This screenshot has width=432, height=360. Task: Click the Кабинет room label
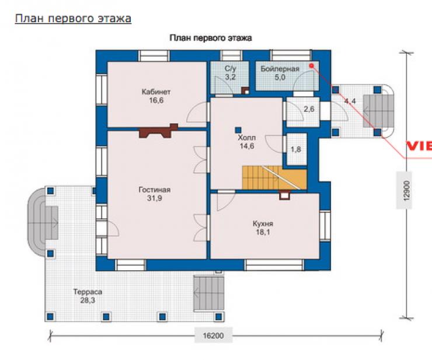point(156,92)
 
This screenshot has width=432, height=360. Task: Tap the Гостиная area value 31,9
point(154,198)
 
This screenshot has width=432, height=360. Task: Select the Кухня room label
point(263,223)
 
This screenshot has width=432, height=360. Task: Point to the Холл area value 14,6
point(247,146)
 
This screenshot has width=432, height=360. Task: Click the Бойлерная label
point(280,69)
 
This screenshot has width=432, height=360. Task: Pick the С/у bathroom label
point(231,69)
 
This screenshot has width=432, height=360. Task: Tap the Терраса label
point(88,292)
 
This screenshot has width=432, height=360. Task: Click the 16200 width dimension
point(213,335)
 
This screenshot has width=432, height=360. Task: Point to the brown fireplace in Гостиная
point(158,131)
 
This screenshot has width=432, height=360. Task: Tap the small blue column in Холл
point(238,130)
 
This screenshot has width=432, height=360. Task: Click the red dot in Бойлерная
point(311,65)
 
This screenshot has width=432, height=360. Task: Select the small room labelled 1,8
point(297,149)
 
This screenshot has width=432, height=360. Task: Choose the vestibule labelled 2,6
point(303,111)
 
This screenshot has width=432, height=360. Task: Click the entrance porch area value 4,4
point(350,101)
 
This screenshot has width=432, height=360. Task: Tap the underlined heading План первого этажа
point(73,19)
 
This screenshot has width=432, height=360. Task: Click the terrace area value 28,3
point(88,300)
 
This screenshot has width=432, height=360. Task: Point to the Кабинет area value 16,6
point(156,100)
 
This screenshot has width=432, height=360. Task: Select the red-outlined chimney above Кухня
point(285,195)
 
